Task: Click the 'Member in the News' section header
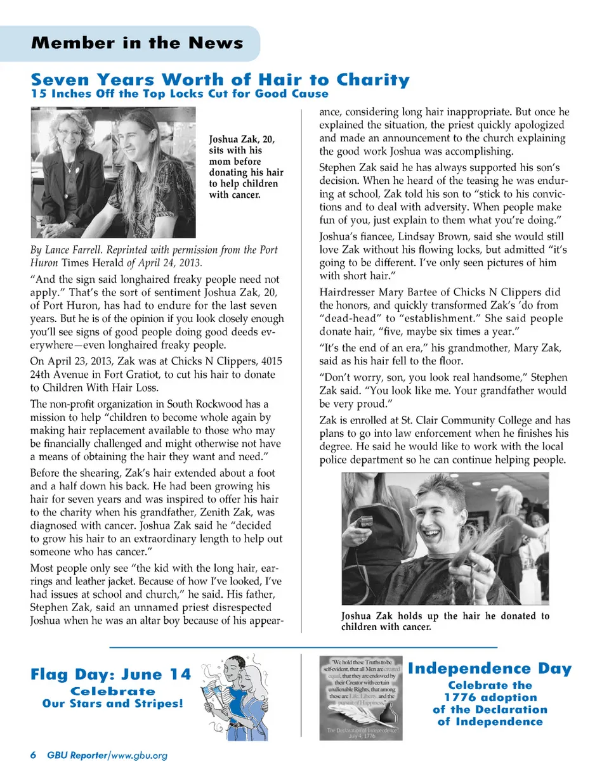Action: [x=137, y=43]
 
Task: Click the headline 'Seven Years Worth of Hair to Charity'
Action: [x=220, y=81]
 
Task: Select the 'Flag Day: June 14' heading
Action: [x=110, y=675]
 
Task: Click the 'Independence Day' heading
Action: [x=490, y=669]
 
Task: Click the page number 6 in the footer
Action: [x=33, y=755]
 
